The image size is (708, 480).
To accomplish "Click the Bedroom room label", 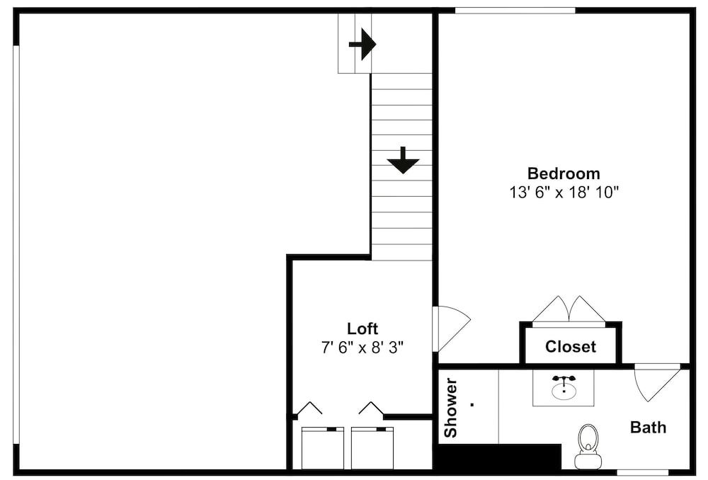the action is (564, 173).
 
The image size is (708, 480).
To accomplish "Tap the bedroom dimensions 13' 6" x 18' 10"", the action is (564, 193).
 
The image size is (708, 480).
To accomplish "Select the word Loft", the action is (362, 328).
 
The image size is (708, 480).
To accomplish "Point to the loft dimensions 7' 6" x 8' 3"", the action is (362, 348).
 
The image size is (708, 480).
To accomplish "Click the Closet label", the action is (570, 347).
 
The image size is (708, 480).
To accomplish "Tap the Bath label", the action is (648, 427).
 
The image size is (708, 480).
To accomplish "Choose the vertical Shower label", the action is (451, 408).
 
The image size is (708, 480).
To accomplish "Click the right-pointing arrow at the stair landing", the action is (362, 45).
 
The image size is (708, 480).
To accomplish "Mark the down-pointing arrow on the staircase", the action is (404, 160).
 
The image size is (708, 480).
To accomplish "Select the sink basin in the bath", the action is (564, 390).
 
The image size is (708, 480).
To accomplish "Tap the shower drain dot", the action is (472, 404).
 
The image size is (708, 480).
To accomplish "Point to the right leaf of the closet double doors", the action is (588, 310).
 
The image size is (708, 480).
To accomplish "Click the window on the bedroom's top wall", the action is (515, 11).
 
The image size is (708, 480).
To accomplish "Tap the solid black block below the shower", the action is (499, 457).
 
